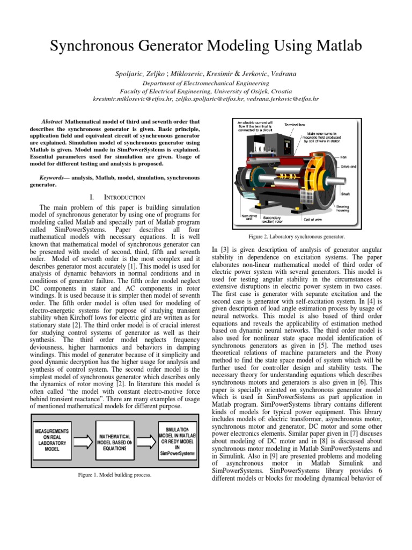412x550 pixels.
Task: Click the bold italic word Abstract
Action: point(52,122)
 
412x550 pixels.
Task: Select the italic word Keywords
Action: point(54,177)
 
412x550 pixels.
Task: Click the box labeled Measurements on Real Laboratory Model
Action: point(51,440)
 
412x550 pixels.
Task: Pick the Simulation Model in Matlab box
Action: point(176,441)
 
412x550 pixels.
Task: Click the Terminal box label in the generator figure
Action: point(295,124)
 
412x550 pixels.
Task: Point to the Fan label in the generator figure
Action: point(343,157)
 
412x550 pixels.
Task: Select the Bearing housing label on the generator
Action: point(344,208)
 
